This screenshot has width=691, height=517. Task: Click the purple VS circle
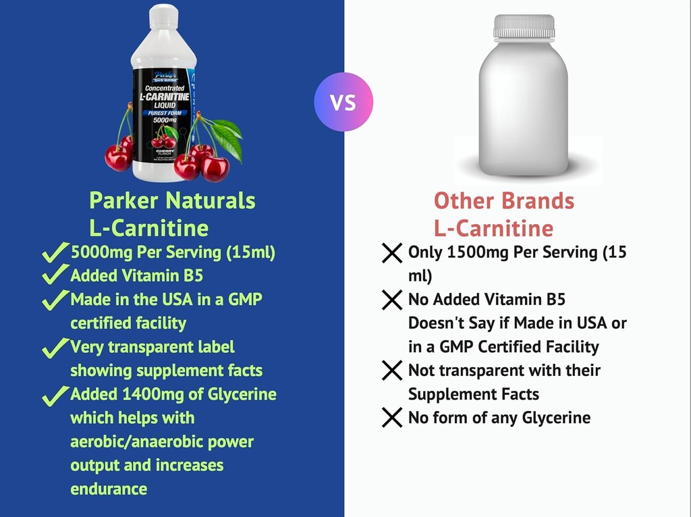[343, 103]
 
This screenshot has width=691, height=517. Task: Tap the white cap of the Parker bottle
[163, 16]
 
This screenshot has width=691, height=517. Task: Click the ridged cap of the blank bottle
[524, 26]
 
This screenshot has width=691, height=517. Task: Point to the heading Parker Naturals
[173, 200]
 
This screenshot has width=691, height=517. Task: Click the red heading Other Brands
[503, 201]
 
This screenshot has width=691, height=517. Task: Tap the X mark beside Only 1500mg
[392, 254]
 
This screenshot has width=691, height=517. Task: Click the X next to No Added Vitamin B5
[392, 300]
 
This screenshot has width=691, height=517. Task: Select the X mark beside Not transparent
[392, 371]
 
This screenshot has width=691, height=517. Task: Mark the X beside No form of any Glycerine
[392, 418]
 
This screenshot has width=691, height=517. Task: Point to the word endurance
[109, 489]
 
